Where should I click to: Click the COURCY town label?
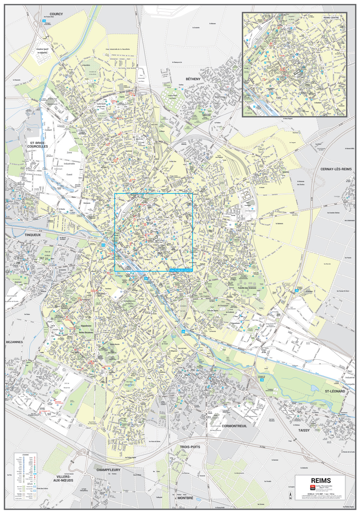pyautogui.click(x=56, y=14)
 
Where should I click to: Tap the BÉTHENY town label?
pyautogui.click(x=193, y=79)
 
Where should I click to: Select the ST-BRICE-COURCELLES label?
pyautogui.click(x=37, y=144)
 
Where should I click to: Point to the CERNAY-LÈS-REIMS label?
pyautogui.click(x=336, y=169)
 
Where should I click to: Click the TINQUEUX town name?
pyautogui.click(x=33, y=235)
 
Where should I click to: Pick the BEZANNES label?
pyautogui.click(x=15, y=342)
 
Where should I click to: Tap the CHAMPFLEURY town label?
pyautogui.click(x=108, y=470)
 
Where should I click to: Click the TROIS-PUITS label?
pyautogui.click(x=190, y=447)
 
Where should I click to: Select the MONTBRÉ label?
pyautogui.click(x=185, y=498)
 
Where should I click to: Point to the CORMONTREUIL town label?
pyautogui.click(x=234, y=426)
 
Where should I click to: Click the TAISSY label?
pyautogui.click(x=304, y=430)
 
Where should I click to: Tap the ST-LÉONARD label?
pyautogui.click(x=335, y=391)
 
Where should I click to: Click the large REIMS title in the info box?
pyautogui.click(x=321, y=480)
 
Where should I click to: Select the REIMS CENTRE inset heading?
pyautogui.click(x=331, y=18)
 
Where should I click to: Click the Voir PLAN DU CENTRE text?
pyautogui.click(x=181, y=270)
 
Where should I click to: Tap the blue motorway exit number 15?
pyautogui.click(x=44, y=21)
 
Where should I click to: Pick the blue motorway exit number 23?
pyautogui.click(x=103, y=245)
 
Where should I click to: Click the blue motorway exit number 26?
pyautogui.click(x=262, y=380)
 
